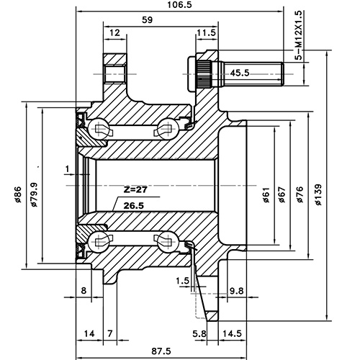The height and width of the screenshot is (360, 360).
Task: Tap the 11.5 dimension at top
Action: (205, 33)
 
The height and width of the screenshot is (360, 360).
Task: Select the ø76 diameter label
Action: (300, 194)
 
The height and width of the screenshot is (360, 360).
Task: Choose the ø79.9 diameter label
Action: (33, 194)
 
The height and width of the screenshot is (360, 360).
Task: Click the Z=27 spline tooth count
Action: (135, 191)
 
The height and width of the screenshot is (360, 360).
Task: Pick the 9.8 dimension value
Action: (236, 291)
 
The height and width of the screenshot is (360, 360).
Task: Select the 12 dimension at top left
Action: (115, 33)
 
